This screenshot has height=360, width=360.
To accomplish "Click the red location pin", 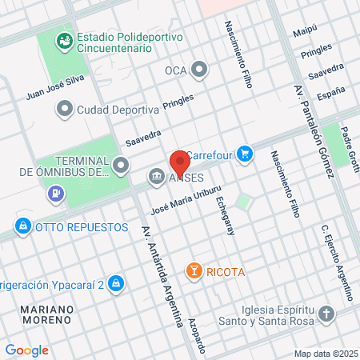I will (180, 162).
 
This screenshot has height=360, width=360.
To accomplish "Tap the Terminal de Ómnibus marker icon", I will (121, 166).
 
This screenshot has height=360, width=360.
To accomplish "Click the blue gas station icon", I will (55, 192).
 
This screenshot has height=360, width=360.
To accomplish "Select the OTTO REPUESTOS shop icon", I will (24, 227).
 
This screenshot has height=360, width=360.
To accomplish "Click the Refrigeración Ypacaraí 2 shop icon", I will (117, 283).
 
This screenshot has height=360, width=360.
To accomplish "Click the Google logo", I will (26, 350).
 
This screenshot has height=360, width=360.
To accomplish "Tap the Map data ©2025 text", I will (325, 354).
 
